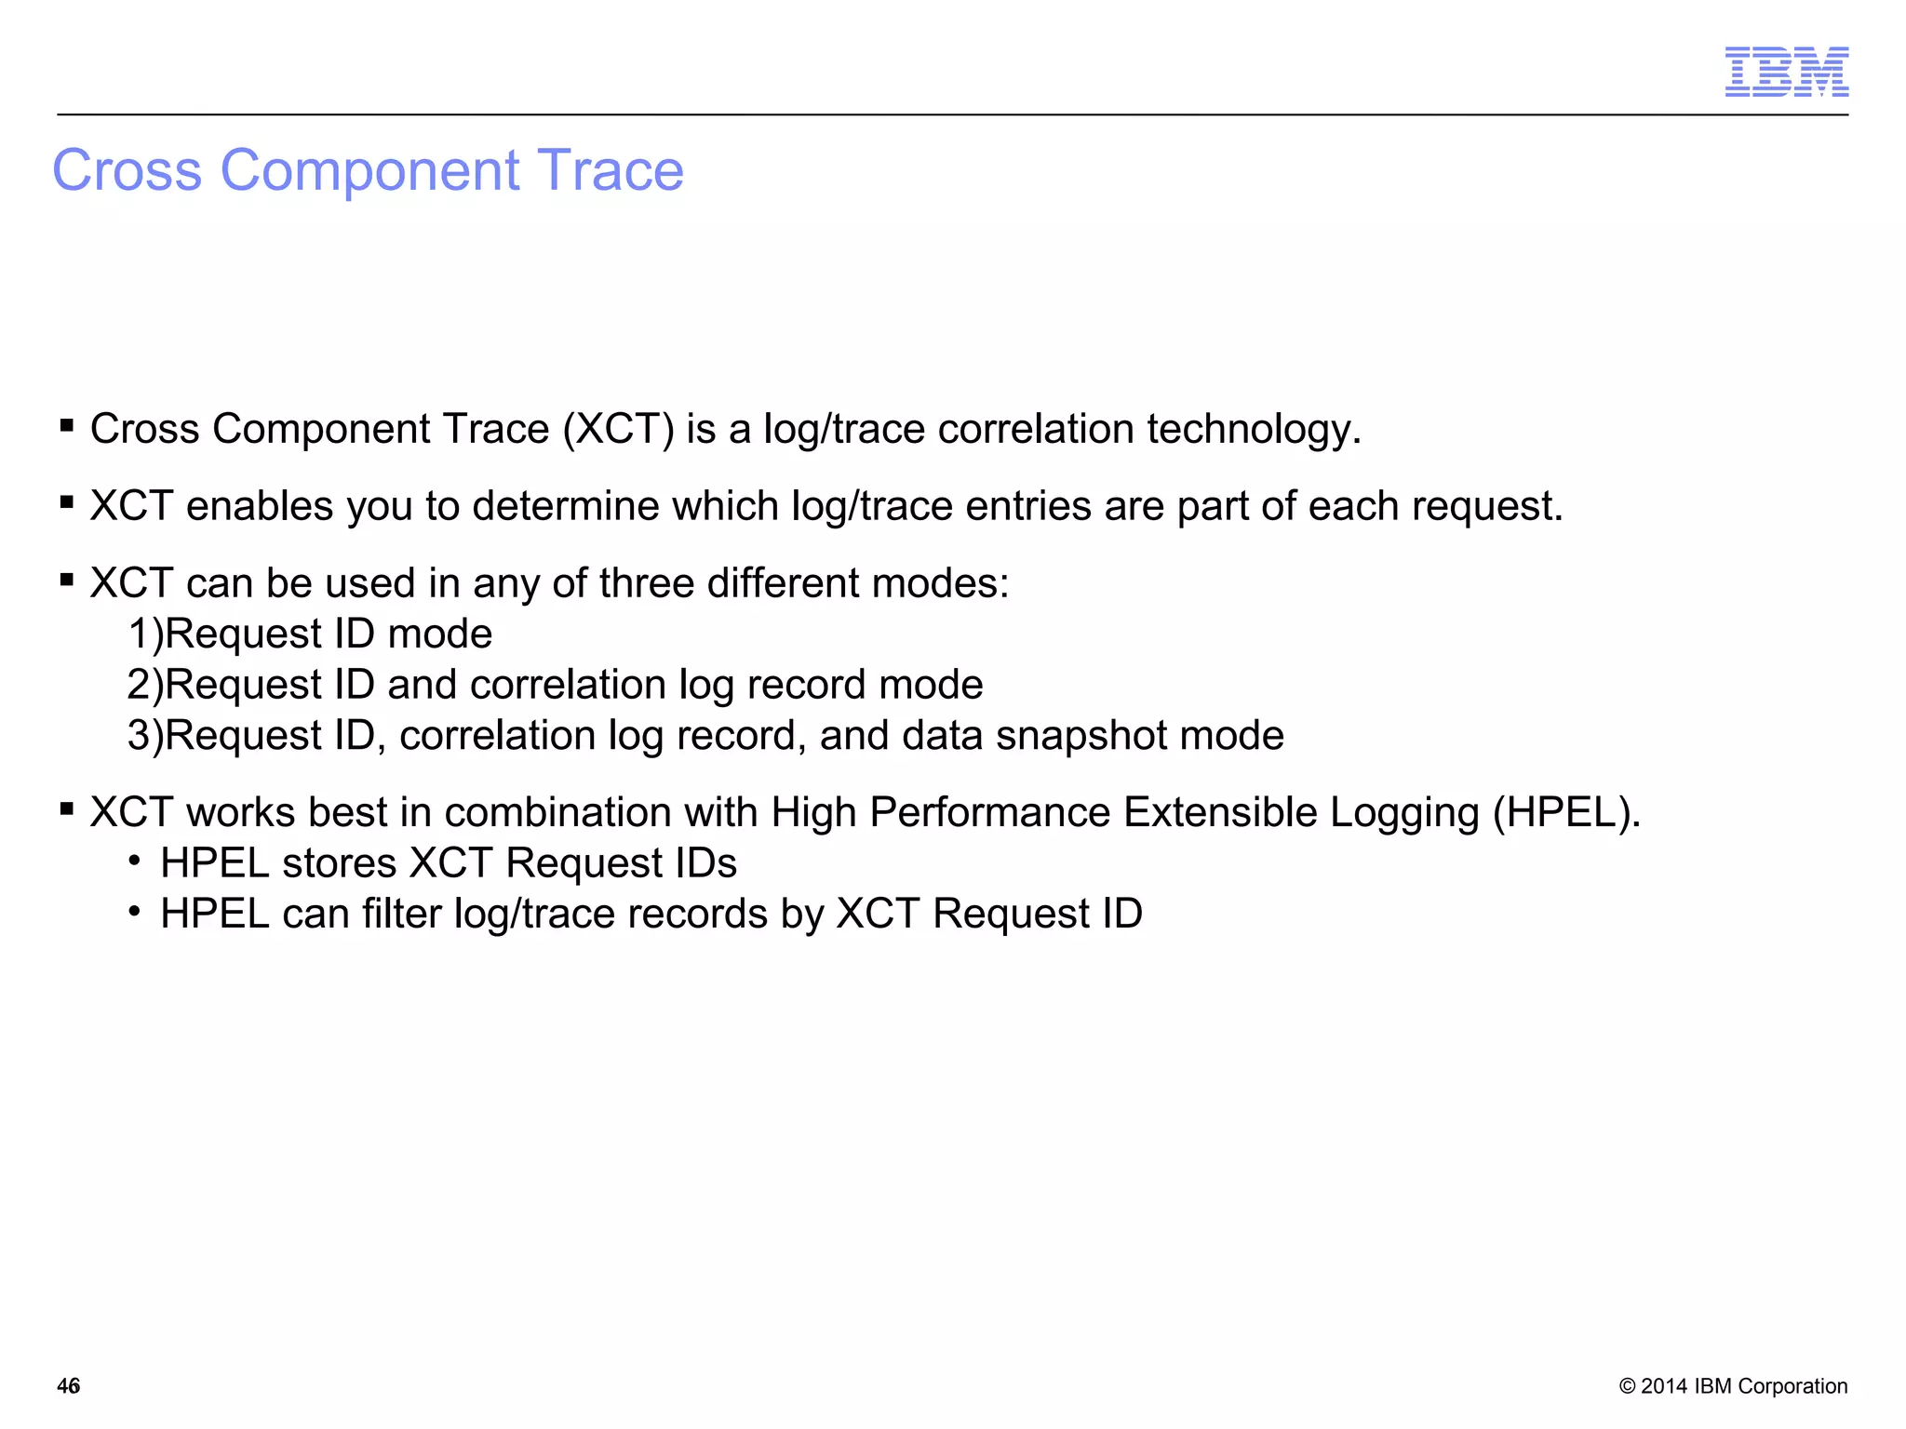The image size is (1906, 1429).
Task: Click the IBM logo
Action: [1786, 72]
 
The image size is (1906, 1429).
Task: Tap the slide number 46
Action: [69, 1386]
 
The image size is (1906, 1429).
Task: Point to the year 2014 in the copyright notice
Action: [1664, 1386]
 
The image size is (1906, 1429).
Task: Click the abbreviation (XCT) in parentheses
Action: [618, 430]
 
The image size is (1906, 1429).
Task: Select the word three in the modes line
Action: [648, 584]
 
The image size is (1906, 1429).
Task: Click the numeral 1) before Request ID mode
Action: [145, 634]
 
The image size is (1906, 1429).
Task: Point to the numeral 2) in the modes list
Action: [145, 686]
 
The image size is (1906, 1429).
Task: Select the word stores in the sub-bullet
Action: [340, 863]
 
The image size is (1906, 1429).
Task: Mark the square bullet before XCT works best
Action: [67, 808]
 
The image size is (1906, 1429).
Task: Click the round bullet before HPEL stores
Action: [136, 861]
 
